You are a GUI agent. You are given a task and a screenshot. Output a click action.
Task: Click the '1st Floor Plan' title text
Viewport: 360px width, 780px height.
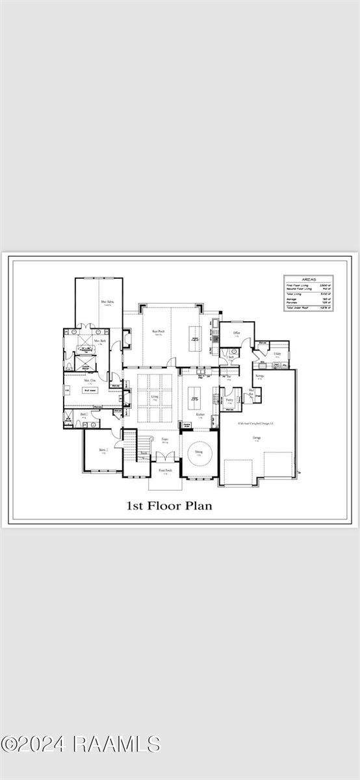point(168,504)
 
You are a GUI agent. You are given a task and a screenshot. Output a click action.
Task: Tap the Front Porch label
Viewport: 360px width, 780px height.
point(165,470)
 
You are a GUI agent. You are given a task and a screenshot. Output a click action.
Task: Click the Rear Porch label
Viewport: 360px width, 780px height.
point(157,331)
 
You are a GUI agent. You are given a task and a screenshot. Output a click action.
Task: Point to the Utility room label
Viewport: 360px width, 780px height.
point(277,354)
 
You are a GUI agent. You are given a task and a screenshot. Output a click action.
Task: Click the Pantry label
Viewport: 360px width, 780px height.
point(229,400)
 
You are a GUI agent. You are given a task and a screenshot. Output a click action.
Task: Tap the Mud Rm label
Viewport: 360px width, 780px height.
point(251,391)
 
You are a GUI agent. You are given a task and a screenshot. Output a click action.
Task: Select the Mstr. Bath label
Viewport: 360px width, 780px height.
point(99,341)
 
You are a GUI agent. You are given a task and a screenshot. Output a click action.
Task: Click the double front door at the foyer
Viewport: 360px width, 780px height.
point(165,460)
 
